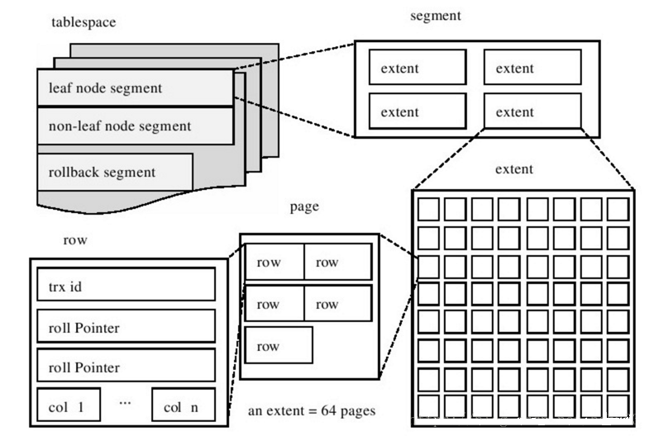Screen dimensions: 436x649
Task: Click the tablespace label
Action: coord(84,23)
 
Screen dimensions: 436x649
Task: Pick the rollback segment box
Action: coord(115,172)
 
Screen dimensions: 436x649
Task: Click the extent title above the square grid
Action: coord(513,170)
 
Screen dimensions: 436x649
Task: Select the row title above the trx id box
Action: coord(75,240)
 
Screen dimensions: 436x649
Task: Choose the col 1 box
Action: coord(69,405)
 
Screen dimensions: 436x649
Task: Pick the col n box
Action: coord(183,405)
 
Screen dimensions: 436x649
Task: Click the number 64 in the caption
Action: coord(318,409)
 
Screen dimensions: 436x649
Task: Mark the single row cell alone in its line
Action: coord(279,345)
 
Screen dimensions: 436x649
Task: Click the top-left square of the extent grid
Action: coord(427,208)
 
